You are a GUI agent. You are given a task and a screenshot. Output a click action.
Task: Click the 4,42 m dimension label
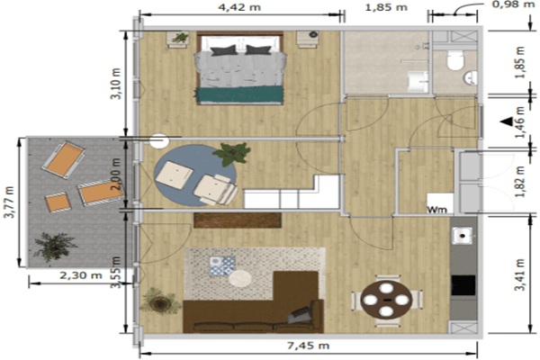click(x=239, y=6)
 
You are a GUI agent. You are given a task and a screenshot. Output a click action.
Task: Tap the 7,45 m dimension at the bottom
click(x=308, y=346)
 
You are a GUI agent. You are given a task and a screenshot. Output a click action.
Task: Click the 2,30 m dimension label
click(x=81, y=275)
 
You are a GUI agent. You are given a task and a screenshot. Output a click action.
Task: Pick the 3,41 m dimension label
click(x=520, y=274)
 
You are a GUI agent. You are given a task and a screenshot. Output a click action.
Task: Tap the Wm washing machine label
click(x=437, y=209)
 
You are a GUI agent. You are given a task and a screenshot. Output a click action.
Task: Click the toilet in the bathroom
click(x=455, y=60)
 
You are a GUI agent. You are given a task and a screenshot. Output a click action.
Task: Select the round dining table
click(x=386, y=300)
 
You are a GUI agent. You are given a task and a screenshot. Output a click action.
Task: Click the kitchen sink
click(x=463, y=236)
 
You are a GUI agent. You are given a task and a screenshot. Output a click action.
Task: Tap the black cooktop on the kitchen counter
click(x=463, y=285)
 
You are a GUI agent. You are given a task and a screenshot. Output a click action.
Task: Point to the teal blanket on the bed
click(x=239, y=94)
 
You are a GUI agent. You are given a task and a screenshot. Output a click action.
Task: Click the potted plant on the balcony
click(x=54, y=246)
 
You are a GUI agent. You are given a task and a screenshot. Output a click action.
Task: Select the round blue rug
click(x=195, y=175)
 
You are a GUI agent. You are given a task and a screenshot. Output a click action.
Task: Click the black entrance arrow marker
click(x=507, y=121)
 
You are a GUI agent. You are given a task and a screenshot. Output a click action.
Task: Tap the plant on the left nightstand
click(x=179, y=37)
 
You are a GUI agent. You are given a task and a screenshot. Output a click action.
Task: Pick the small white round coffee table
click(x=240, y=278)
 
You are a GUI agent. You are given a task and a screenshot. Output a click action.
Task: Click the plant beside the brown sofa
click(x=159, y=301)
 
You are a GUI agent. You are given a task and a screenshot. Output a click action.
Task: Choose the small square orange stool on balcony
click(x=58, y=202)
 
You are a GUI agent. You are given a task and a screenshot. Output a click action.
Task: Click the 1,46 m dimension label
click(x=520, y=121)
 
